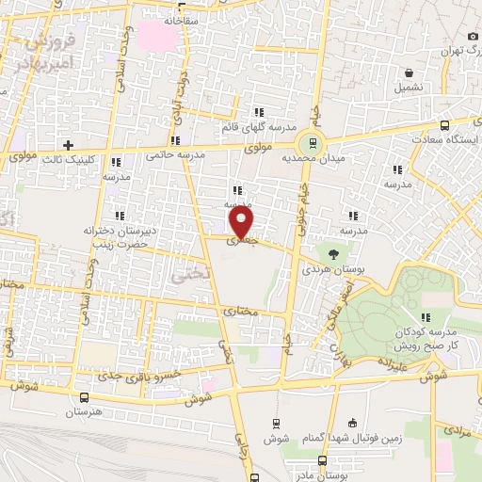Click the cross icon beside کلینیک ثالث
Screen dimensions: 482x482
click(68, 145)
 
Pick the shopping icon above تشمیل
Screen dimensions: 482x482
click(409, 72)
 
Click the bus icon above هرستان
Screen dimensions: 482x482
click(86, 398)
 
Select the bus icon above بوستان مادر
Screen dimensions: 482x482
click(323, 460)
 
